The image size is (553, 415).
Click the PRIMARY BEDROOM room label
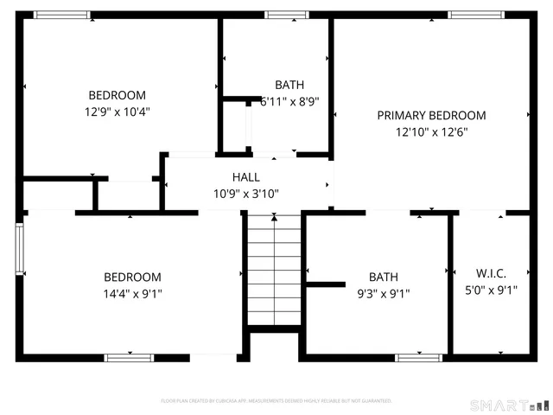[431, 115]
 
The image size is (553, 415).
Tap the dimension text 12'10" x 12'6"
[431, 132]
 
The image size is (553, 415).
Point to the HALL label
[245, 177]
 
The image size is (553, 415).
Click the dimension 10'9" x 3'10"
[245, 194]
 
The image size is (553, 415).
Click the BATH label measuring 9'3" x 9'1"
[384, 277]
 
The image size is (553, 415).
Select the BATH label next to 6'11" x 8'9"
[289, 85]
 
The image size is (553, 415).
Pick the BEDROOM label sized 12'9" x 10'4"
[117, 95]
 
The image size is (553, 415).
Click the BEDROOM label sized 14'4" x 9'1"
[132, 277]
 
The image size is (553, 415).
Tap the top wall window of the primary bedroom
[476, 15]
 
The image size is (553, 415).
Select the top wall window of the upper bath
[286, 15]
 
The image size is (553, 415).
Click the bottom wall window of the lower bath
[419, 357]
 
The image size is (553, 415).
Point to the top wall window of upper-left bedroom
[61, 15]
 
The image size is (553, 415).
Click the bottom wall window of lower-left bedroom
[129, 357]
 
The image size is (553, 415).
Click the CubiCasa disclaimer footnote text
[276, 401]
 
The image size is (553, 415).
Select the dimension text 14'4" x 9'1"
[132, 294]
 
